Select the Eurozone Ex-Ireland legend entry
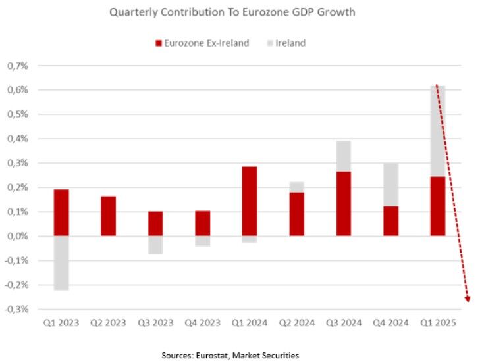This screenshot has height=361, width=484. click(201, 43)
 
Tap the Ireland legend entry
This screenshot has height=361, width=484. click(290, 43)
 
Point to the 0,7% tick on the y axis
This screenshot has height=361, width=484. click(19, 66)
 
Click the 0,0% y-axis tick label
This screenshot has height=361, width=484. click(19, 236)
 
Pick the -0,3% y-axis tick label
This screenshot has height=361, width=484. click(18, 309)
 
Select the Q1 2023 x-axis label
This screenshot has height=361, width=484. click(61, 323)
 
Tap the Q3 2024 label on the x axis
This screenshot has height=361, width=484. click(343, 323)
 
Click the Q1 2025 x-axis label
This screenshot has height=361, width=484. click(437, 323)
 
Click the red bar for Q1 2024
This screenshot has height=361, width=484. click(250, 201)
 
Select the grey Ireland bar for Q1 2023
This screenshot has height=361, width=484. click(61, 262)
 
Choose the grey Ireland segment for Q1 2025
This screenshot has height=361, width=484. click(437, 131)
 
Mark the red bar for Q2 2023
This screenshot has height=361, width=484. click(108, 216)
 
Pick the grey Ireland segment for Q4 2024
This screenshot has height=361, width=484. click(390, 185)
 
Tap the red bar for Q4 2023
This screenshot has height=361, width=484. click(202, 224)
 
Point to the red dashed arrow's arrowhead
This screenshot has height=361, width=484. click(468, 299)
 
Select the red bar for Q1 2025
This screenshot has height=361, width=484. click(437, 206)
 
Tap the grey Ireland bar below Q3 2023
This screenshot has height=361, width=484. click(155, 245)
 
